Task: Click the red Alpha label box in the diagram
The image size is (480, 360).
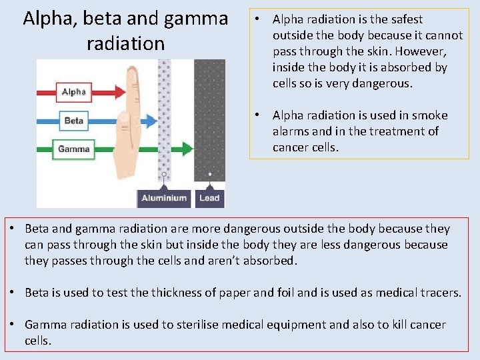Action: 73,92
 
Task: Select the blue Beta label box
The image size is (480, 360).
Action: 73,121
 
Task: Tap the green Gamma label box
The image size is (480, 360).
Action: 73,149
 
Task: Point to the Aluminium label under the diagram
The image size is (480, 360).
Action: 164,198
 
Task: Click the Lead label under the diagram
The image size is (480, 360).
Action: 209,198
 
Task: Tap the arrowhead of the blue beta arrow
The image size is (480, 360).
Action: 151,121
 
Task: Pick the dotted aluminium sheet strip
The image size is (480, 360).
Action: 164,120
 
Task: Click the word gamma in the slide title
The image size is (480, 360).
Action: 197,19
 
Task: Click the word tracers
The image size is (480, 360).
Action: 438,293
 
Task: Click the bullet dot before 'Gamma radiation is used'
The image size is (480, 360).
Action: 13,325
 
